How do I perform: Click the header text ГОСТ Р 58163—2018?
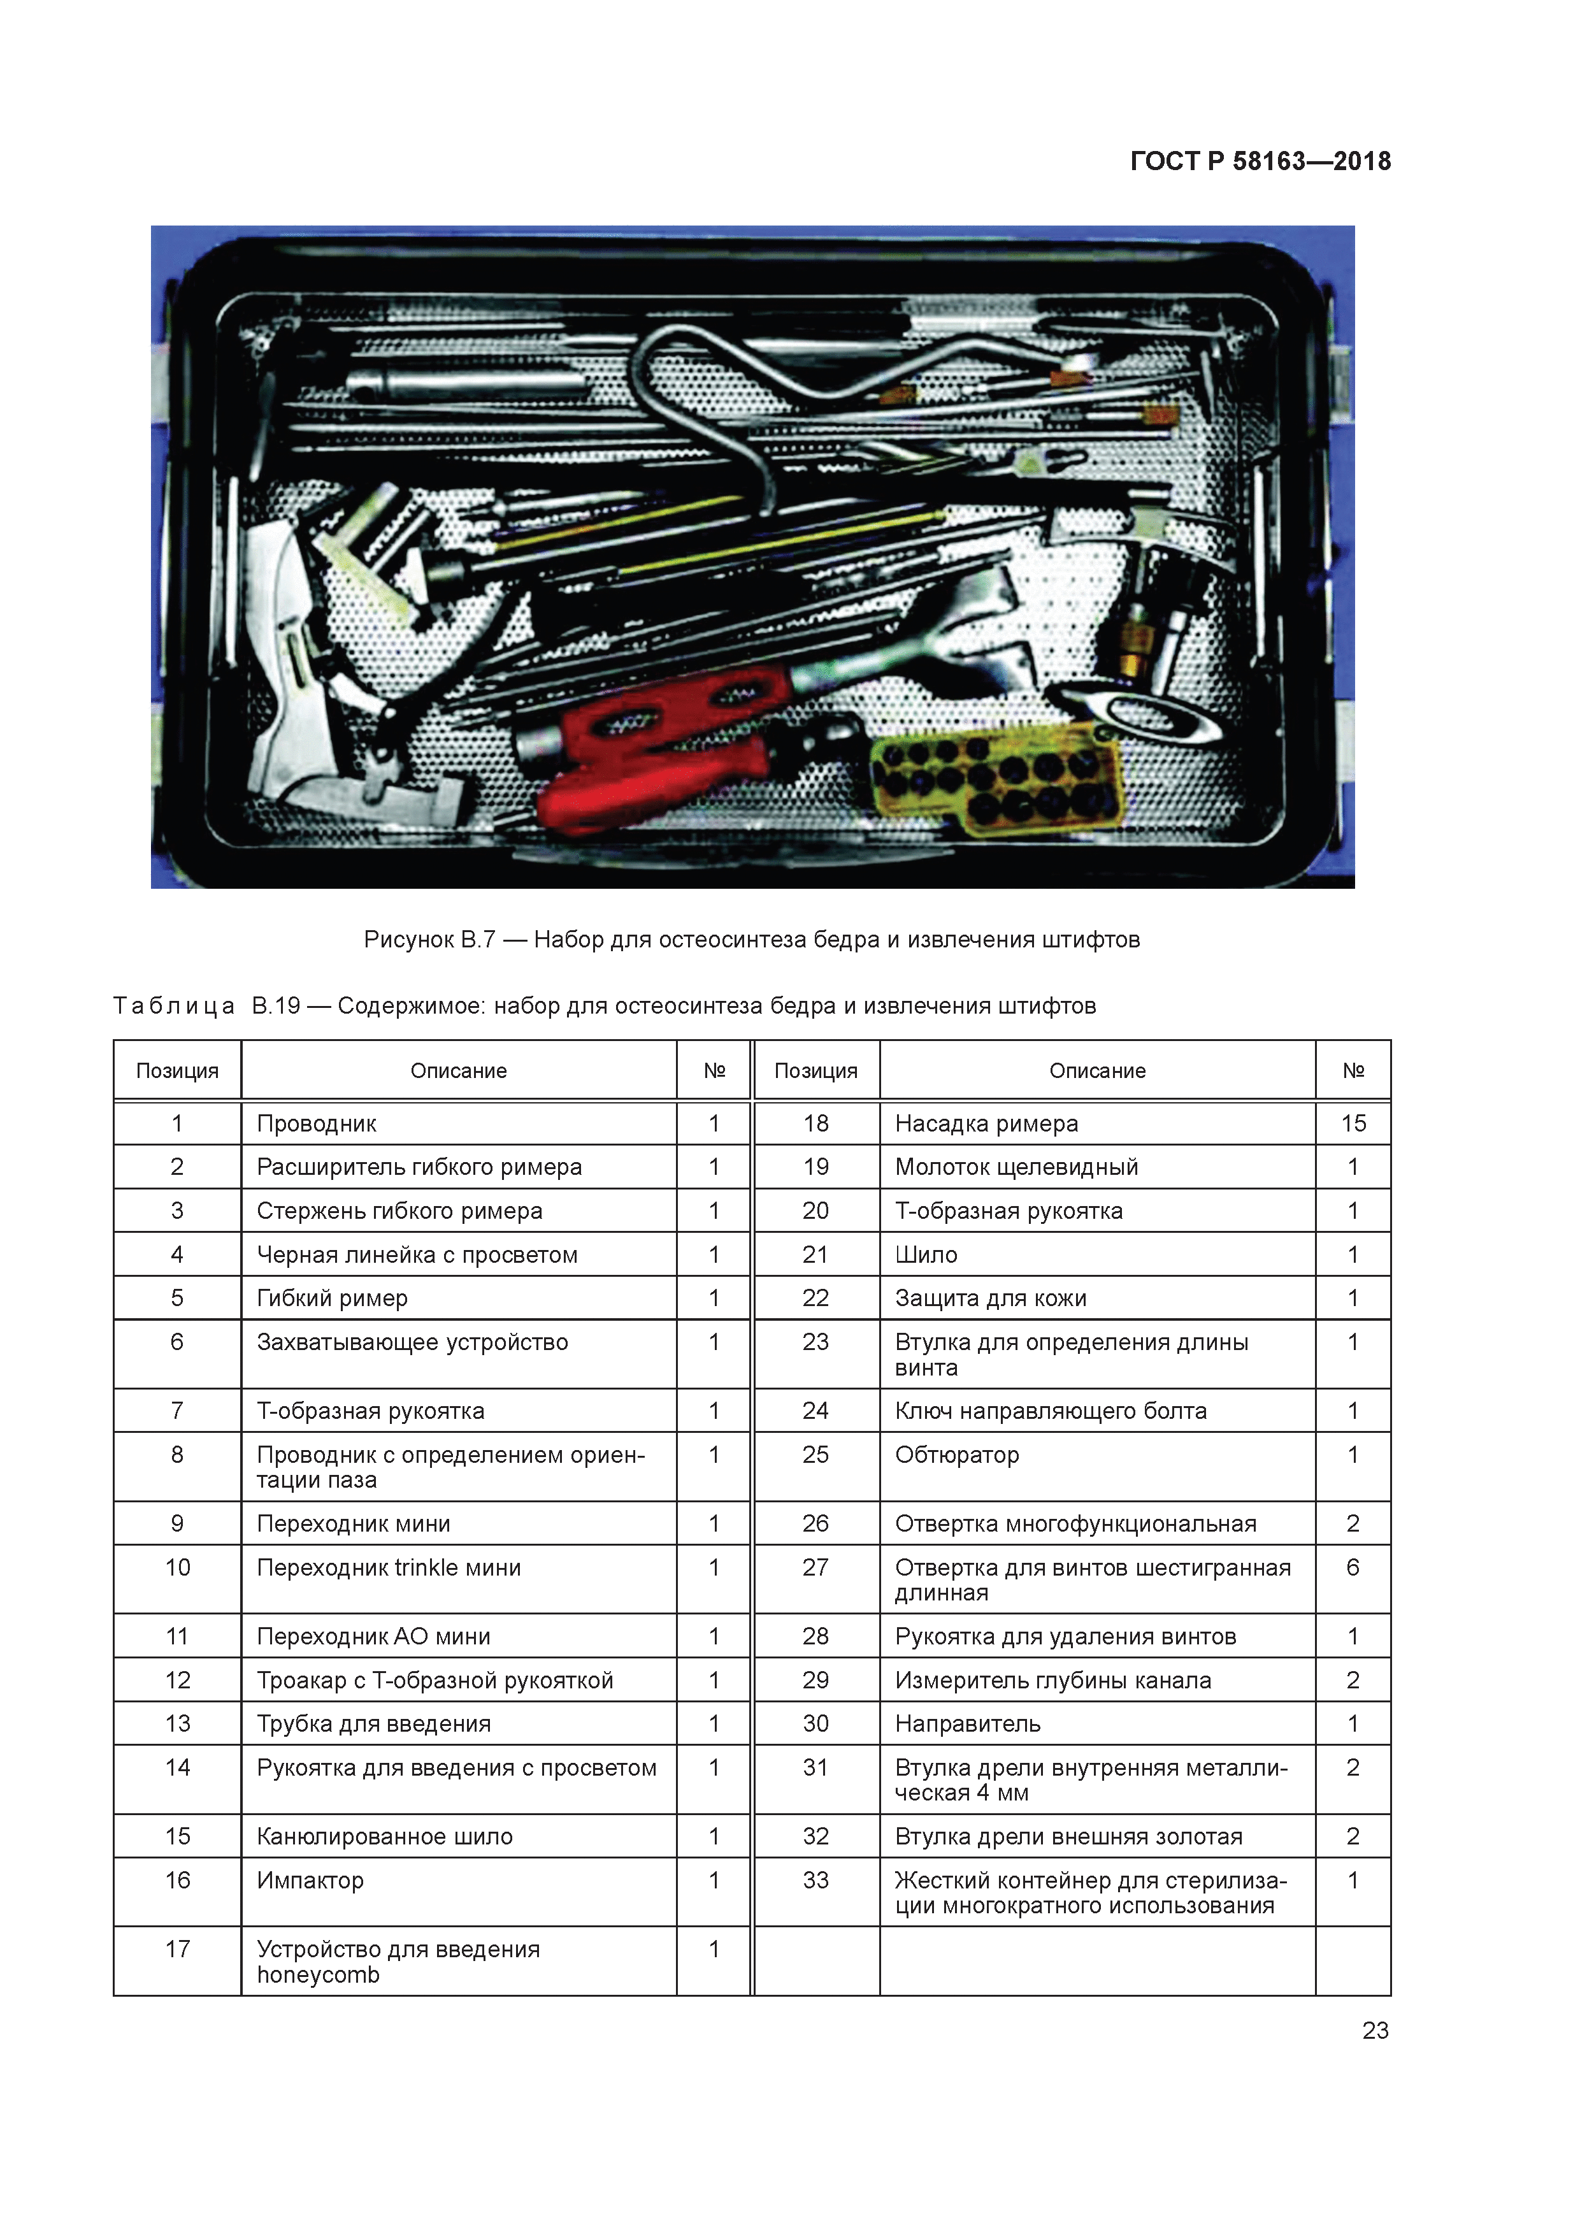(1260, 162)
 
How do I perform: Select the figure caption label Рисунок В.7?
(429, 939)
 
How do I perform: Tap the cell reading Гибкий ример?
(332, 1298)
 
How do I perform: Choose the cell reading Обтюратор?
(956, 1455)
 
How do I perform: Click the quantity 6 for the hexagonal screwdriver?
(1352, 1567)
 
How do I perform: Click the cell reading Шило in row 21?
(926, 1254)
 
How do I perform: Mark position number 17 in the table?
(177, 1949)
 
